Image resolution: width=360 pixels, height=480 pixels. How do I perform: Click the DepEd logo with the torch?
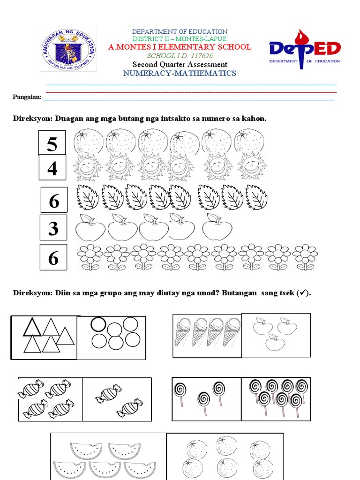coord(304,49)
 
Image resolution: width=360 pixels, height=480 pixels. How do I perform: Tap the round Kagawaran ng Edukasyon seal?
coord(68,49)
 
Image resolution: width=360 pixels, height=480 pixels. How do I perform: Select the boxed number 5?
coord(52,143)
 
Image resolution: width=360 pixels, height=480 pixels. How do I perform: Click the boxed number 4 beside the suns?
coord(52,167)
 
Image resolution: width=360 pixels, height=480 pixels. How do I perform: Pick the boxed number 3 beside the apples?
coord(53,228)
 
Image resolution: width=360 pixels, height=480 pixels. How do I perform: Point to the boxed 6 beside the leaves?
coord(54,200)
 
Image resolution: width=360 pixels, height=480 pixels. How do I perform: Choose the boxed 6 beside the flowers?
coord(53,257)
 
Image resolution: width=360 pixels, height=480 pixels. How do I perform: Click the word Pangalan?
coord(27,97)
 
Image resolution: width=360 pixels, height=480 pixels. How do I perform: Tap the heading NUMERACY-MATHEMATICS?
coord(180,73)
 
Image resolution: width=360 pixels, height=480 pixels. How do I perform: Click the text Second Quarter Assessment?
coord(180,64)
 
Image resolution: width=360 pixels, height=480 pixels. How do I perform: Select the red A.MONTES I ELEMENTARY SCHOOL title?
coord(180,47)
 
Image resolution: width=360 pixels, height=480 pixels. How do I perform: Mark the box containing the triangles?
coord(45,337)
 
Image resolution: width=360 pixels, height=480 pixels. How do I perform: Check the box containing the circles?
coord(112,337)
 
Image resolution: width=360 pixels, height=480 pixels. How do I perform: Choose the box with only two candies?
coord(117,399)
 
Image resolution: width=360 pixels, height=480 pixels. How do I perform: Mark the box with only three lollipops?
coord(206,398)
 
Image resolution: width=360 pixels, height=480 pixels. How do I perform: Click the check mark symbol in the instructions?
coord(303,293)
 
